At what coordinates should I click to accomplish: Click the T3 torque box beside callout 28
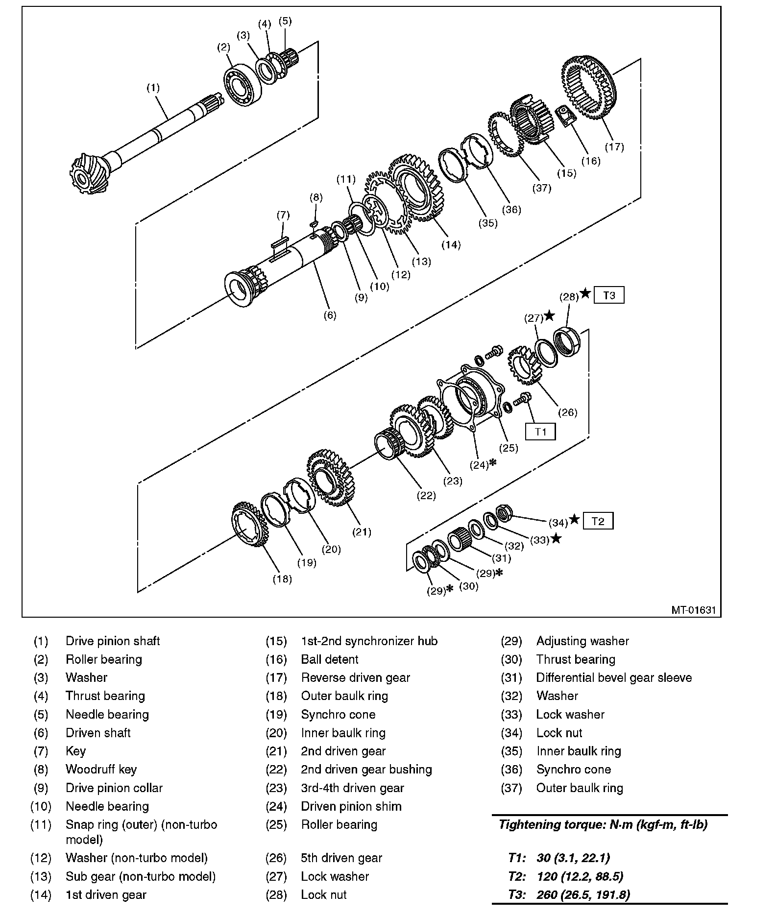click(x=609, y=295)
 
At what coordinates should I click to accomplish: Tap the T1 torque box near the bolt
click(x=540, y=432)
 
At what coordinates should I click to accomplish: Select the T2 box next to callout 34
click(x=598, y=521)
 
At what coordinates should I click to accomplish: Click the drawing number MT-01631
click(x=693, y=610)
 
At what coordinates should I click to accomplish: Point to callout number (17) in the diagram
click(x=614, y=146)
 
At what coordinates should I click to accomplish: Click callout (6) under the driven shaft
click(x=330, y=315)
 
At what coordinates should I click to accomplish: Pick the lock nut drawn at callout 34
click(x=505, y=512)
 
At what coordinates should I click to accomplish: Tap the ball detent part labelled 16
click(x=568, y=117)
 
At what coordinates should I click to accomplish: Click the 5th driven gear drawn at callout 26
click(x=524, y=366)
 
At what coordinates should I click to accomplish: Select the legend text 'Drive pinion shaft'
click(x=113, y=641)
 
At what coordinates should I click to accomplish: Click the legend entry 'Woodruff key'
click(x=101, y=770)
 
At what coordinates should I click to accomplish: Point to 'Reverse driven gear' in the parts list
click(x=355, y=678)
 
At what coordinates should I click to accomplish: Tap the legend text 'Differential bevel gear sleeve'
click(x=614, y=678)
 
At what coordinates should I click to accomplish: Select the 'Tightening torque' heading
click(x=603, y=825)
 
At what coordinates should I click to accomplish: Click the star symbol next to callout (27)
click(x=550, y=316)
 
